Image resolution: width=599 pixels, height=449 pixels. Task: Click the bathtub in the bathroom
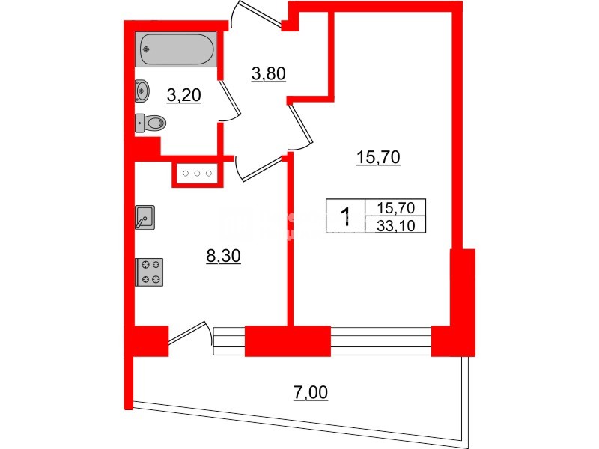tap(177, 50)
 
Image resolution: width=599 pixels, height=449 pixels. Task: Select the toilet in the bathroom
tap(152, 122)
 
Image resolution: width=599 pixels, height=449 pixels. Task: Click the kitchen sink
tap(145, 217)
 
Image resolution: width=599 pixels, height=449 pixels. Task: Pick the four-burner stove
tap(149, 271)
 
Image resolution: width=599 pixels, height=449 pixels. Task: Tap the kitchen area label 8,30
tap(222, 257)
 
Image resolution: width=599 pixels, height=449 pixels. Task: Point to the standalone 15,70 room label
tap(378, 157)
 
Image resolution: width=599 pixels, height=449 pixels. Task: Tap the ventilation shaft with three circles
tap(197, 174)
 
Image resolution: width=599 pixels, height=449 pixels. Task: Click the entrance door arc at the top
tap(247, 19)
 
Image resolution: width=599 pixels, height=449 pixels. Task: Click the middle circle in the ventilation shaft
tap(197, 174)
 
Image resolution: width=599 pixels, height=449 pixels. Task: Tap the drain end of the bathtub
tap(147, 50)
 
